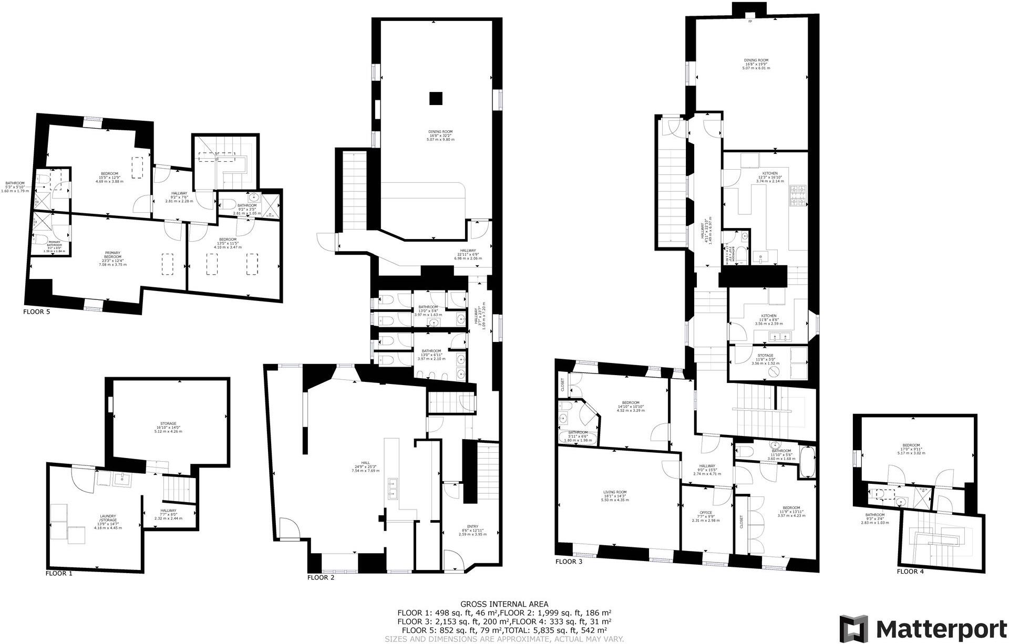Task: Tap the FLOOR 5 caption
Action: pyautogui.click(x=37, y=311)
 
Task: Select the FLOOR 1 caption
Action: pyautogui.click(x=59, y=574)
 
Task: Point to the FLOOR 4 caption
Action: pyautogui.click(x=910, y=572)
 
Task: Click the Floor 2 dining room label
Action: pyautogui.click(x=440, y=135)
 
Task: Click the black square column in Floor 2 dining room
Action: pyautogui.click(x=435, y=98)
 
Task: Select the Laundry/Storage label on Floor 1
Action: pyautogui.click(x=107, y=522)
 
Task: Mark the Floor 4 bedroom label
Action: pyautogui.click(x=911, y=448)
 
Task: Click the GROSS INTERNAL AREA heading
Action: pyautogui.click(x=504, y=604)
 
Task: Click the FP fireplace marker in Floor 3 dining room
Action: pyautogui.click(x=750, y=22)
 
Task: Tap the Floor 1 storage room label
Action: pyautogui.click(x=168, y=427)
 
